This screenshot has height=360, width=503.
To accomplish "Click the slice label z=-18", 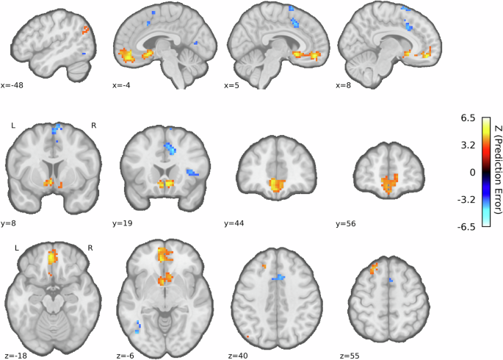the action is pos(13,353).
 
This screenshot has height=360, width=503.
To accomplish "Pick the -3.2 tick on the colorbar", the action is pos(471,199).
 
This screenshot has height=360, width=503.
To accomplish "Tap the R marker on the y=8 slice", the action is pos(93,126).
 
